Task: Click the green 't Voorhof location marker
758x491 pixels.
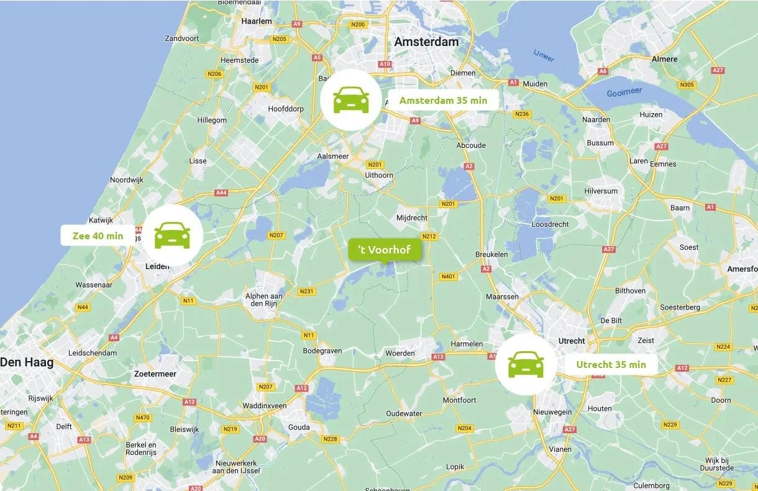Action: tap(384, 250)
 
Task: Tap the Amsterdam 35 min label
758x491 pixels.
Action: tap(443, 100)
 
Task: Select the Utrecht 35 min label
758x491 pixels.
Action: tap(611, 365)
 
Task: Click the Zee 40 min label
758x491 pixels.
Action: tap(98, 236)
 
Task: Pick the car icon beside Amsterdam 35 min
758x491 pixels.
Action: tap(351, 99)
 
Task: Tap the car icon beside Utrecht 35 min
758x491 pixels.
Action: tap(526, 364)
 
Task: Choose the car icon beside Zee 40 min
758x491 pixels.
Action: tap(172, 235)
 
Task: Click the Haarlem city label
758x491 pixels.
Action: tap(257, 21)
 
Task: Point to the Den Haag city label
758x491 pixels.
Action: tap(27, 362)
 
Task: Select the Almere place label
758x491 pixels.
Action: tap(664, 59)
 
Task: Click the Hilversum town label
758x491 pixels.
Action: tap(601, 191)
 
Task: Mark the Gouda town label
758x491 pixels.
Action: tap(299, 427)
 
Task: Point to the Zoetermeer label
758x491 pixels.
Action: tap(155, 374)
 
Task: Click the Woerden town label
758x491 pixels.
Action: tap(400, 353)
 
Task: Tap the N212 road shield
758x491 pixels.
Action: tap(429, 236)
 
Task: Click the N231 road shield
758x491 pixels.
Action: tap(307, 291)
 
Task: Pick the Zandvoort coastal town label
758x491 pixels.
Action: tap(182, 38)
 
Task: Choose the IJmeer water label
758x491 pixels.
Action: tap(542, 55)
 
